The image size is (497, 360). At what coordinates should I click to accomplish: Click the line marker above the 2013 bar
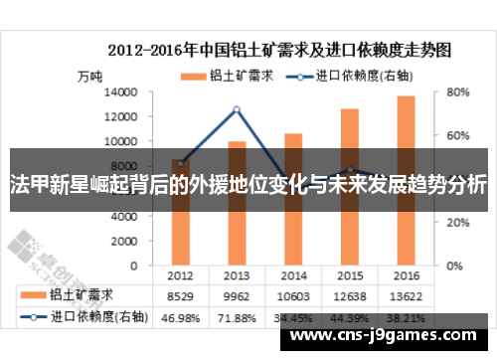[x=236, y=109]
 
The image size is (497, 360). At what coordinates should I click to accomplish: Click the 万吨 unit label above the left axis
[x=89, y=76]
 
